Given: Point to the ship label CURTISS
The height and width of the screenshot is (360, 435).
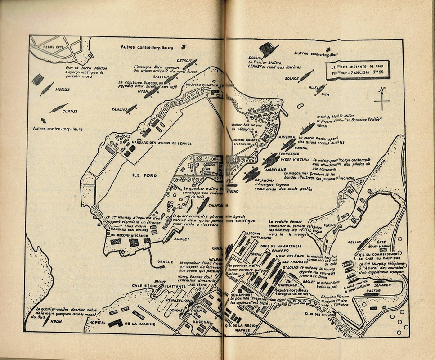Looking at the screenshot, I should (70, 111).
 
